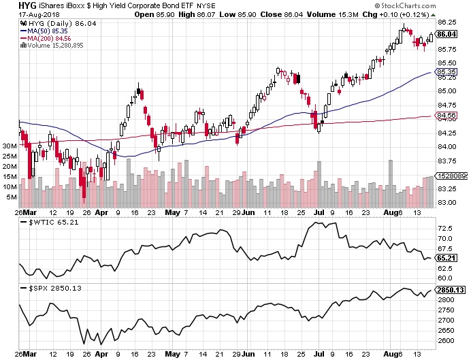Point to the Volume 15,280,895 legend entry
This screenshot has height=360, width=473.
click(54, 46)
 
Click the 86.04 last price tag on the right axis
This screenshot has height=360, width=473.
click(446, 34)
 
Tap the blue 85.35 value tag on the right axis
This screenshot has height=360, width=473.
click(446, 72)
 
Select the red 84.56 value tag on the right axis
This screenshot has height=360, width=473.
click(446, 116)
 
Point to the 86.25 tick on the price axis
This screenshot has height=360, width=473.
click(446, 22)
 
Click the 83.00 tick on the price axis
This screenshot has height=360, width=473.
click(446, 203)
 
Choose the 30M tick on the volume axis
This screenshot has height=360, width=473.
click(9, 146)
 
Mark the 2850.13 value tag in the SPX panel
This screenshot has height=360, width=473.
click(449, 289)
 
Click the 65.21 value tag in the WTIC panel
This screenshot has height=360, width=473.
click(446, 259)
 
